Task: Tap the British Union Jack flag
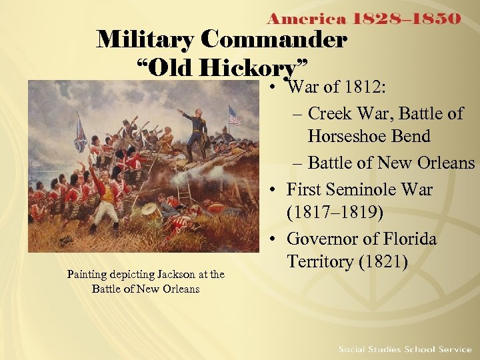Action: coord(81,133)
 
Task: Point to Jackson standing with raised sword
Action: coord(197,133)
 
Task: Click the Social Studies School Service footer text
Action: coord(405,349)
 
